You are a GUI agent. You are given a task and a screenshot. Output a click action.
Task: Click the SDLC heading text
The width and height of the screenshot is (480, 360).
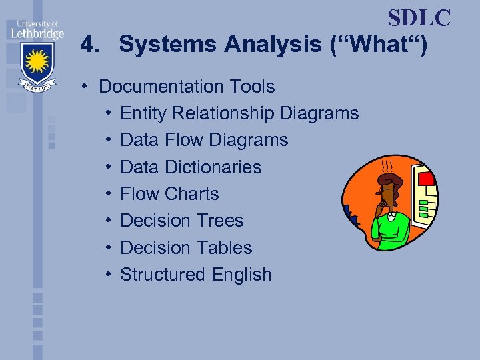pyautogui.click(x=419, y=18)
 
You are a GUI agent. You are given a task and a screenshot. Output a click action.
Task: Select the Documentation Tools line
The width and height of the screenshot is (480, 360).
pyautogui.click(x=187, y=87)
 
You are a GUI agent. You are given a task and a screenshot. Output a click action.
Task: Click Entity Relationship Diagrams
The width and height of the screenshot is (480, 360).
pyautogui.click(x=239, y=113)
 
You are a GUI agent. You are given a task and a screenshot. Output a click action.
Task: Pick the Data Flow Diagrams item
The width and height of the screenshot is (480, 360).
pyautogui.click(x=204, y=140)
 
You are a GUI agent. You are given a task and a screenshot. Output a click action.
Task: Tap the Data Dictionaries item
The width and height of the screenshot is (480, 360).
pyautogui.click(x=191, y=167)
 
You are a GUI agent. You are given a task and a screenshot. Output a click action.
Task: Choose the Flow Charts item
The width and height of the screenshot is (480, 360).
pyautogui.click(x=169, y=194)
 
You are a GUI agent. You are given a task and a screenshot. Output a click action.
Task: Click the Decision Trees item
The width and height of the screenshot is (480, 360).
pyautogui.click(x=182, y=221)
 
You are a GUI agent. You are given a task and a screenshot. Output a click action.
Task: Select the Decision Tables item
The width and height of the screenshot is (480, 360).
pyautogui.click(x=186, y=247)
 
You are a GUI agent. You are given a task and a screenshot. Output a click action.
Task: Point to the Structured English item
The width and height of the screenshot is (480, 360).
pyautogui.click(x=196, y=274)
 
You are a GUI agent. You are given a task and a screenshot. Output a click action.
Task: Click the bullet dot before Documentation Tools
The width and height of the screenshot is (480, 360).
pyautogui.click(x=87, y=87)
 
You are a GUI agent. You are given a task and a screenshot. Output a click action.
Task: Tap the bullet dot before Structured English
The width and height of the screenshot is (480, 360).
pyautogui.click(x=108, y=275)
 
